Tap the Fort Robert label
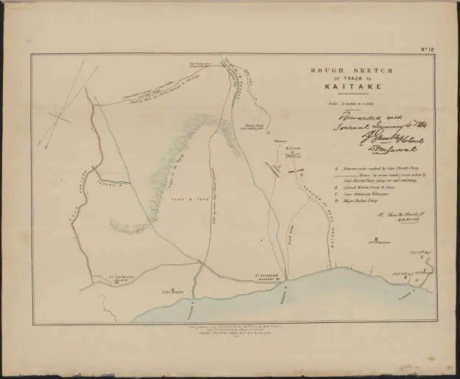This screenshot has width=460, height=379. pos(171,292)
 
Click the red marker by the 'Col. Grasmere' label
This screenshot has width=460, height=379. pos(375,239)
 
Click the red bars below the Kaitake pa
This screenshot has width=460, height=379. pos(295,172)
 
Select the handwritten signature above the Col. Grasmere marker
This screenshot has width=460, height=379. pos(375,220)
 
